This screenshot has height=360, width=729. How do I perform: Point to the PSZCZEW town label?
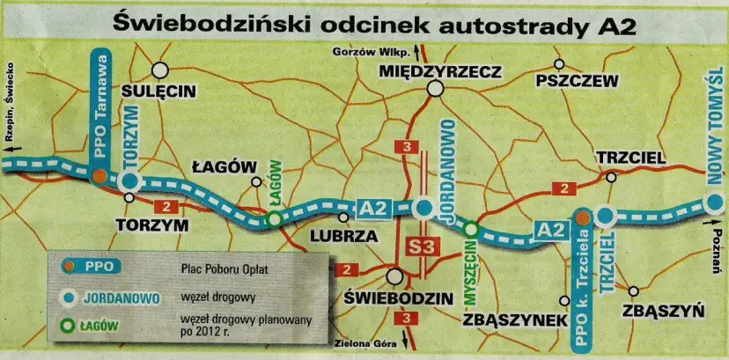pos(577,80)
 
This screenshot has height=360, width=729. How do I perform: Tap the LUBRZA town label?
pos(344,237)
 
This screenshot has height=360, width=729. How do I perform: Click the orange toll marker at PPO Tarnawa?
pos(100,176)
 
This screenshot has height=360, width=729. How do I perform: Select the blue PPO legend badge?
pos(91,265)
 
